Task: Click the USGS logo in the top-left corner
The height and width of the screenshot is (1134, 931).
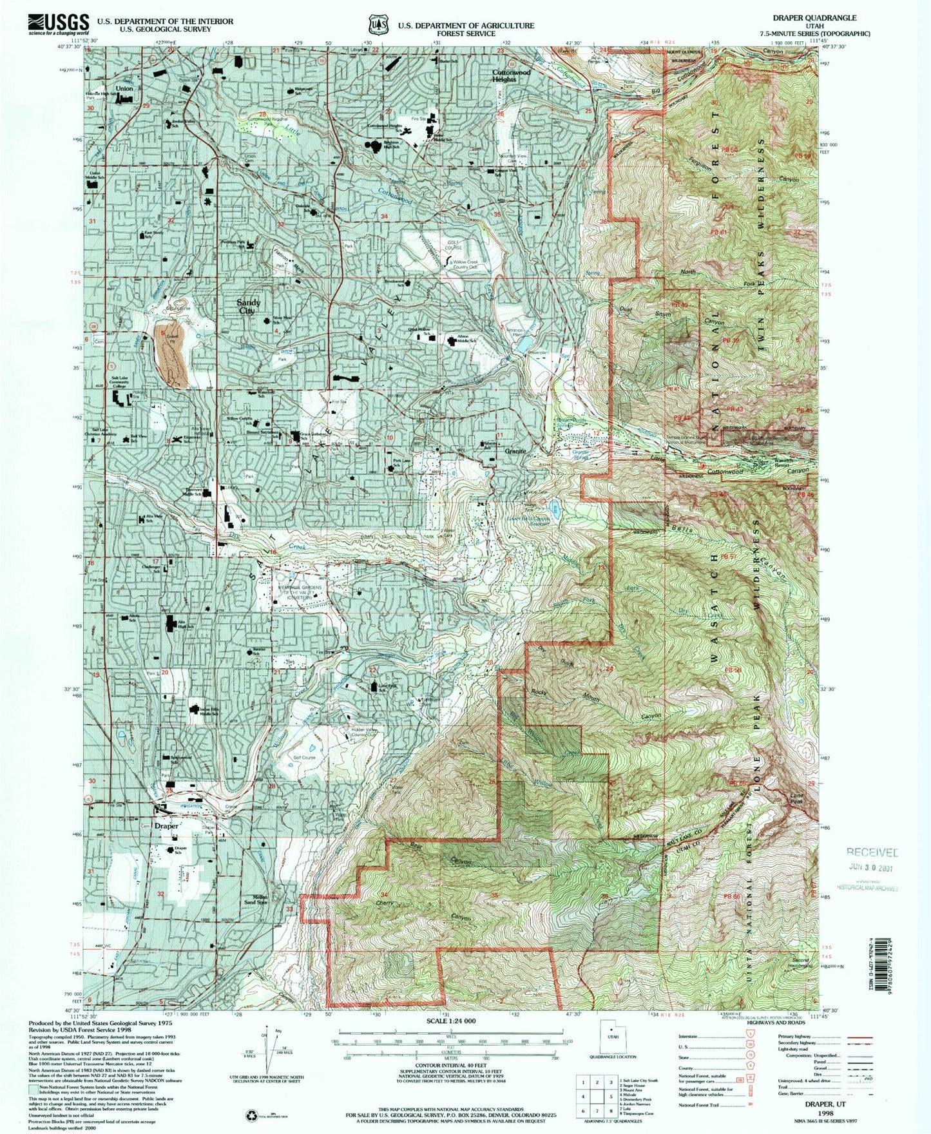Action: click(57, 24)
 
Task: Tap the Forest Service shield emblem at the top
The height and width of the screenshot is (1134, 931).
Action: click(376, 25)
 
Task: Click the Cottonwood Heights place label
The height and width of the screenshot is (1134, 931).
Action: click(511, 76)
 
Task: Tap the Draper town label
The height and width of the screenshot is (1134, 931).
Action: click(166, 825)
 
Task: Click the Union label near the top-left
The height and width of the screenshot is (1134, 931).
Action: click(124, 88)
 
